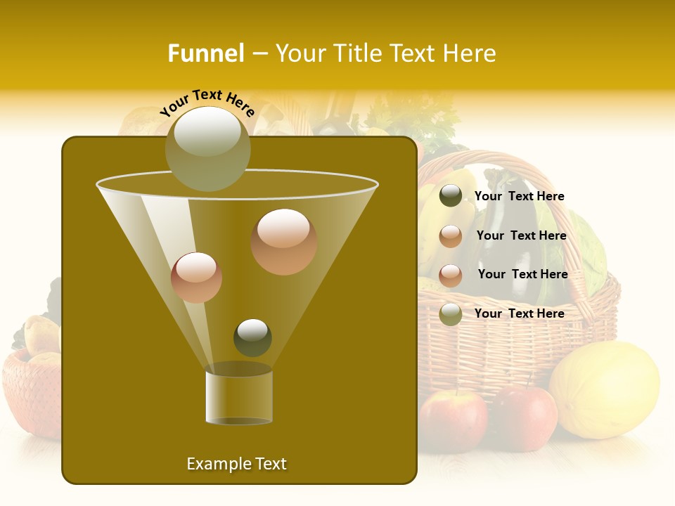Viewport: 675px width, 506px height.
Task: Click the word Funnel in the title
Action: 205,53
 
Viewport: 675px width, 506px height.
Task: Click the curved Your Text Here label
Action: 207,103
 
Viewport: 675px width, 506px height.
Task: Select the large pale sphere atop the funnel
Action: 208,148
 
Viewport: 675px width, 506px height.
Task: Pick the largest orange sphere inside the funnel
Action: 283,241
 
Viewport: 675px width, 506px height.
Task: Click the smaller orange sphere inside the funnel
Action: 196,277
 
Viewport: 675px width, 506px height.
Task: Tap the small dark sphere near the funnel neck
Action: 252,337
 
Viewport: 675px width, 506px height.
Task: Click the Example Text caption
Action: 236,464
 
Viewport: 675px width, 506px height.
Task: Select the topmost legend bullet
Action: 451,196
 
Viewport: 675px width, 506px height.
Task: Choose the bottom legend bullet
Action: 451,314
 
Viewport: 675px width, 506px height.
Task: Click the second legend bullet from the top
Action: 451,236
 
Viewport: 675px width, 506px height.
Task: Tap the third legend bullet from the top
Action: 451,275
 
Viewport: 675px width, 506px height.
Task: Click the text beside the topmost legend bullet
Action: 519,196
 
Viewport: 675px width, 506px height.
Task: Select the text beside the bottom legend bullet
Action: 519,313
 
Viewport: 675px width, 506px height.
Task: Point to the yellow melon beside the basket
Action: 604,390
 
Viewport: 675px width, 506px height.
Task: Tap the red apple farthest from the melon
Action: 453,420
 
